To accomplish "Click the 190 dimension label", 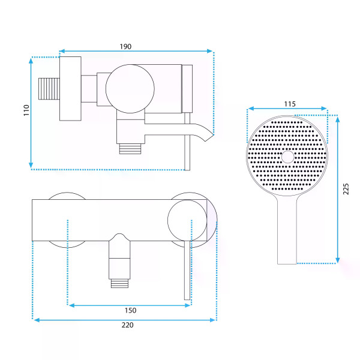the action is tap(125, 47).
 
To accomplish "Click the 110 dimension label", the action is tap(26, 110).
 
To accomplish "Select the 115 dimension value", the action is tap(290, 104).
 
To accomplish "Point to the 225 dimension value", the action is tap(346, 189).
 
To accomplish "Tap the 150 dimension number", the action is tap(130, 310).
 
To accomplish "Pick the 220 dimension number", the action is tap(127, 325).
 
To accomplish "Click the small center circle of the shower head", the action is tap(287, 157).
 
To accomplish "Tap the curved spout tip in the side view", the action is tap(209, 137).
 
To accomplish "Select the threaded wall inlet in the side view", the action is tap(49, 89).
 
